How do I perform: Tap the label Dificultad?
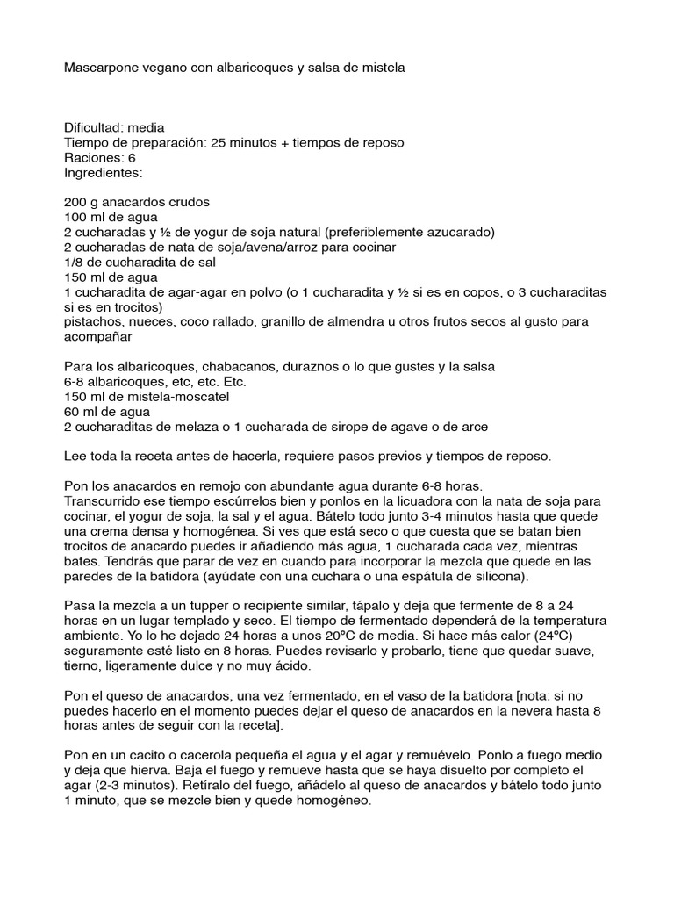pyautogui.click(x=94, y=127)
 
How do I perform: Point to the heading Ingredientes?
pyautogui.click(x=104, y=172)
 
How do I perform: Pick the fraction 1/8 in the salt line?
pyautogui.click(x=76, y=262)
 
